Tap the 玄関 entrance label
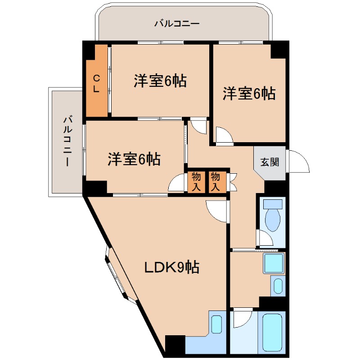point(270,162)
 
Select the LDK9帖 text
point(172,267)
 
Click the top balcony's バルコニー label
point(177,23)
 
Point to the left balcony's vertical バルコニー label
point(67,141)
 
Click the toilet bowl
point(273,216)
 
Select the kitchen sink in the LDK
point(216,324)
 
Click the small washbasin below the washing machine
point(278,286)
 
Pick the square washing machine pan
point(274,263)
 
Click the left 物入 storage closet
point(196,182)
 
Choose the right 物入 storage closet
point(216,182)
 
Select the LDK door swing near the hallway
point(216,211)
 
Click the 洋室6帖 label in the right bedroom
point(249,94)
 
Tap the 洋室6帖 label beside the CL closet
point(160,81)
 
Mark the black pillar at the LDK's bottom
point(175,344)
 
